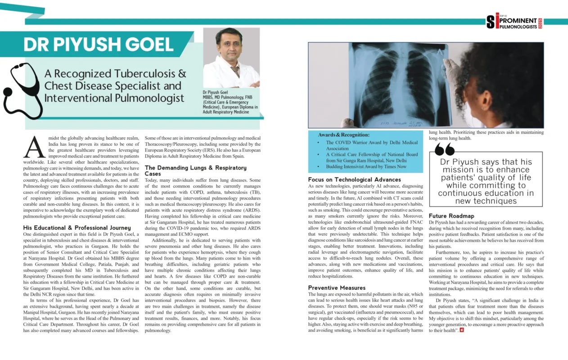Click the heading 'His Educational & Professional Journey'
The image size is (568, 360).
click(x=77, y=228)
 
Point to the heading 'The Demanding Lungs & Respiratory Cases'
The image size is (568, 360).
click(x=195, y=171)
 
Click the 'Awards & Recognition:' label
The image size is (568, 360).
click(x=343, y=135)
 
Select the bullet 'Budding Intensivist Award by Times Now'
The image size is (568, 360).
click(x=366, y=166)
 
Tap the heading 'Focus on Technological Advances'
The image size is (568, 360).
click(x=355, y=180)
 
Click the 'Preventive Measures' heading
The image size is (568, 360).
click(x=337, y=288)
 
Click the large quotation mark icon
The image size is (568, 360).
click(x=445, y=149)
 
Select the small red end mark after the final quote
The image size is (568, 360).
click(x=461, y=330)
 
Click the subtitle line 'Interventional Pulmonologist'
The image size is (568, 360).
click(x=114, y=98)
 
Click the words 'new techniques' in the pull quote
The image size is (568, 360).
click(x=486, y=201)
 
